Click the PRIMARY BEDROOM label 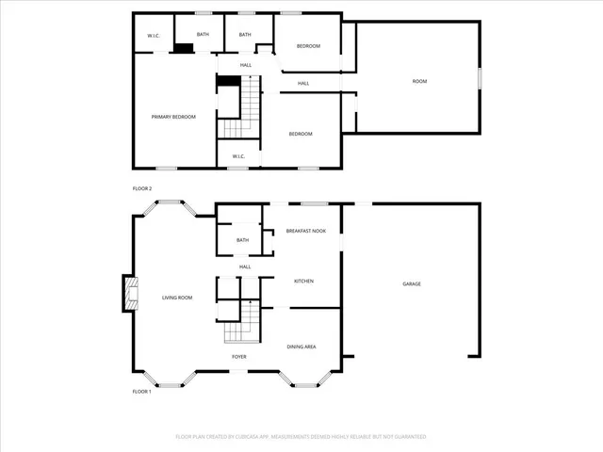[x=174, y=117]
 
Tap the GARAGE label [x=412, y=283]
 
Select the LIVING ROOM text [x=177, y=298]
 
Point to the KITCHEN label [x=303, y=281]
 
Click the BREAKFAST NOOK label [x=306, y=231]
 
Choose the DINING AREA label [x=301, y=347]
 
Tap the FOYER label [x=240, y=357]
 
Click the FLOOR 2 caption [x=142, y=188]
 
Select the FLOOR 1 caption [x=142, y=391]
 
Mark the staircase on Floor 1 [x=241, y=322]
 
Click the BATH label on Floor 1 [x=243, y=240]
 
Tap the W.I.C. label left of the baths [x=154, y=36]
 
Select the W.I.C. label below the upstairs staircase [x=238, y=156]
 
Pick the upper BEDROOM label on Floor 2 [x=309, y=46]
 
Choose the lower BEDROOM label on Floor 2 [x=301, y=134]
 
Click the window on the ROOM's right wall [x=480, y=78]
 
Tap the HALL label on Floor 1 [x=245, y=266]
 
